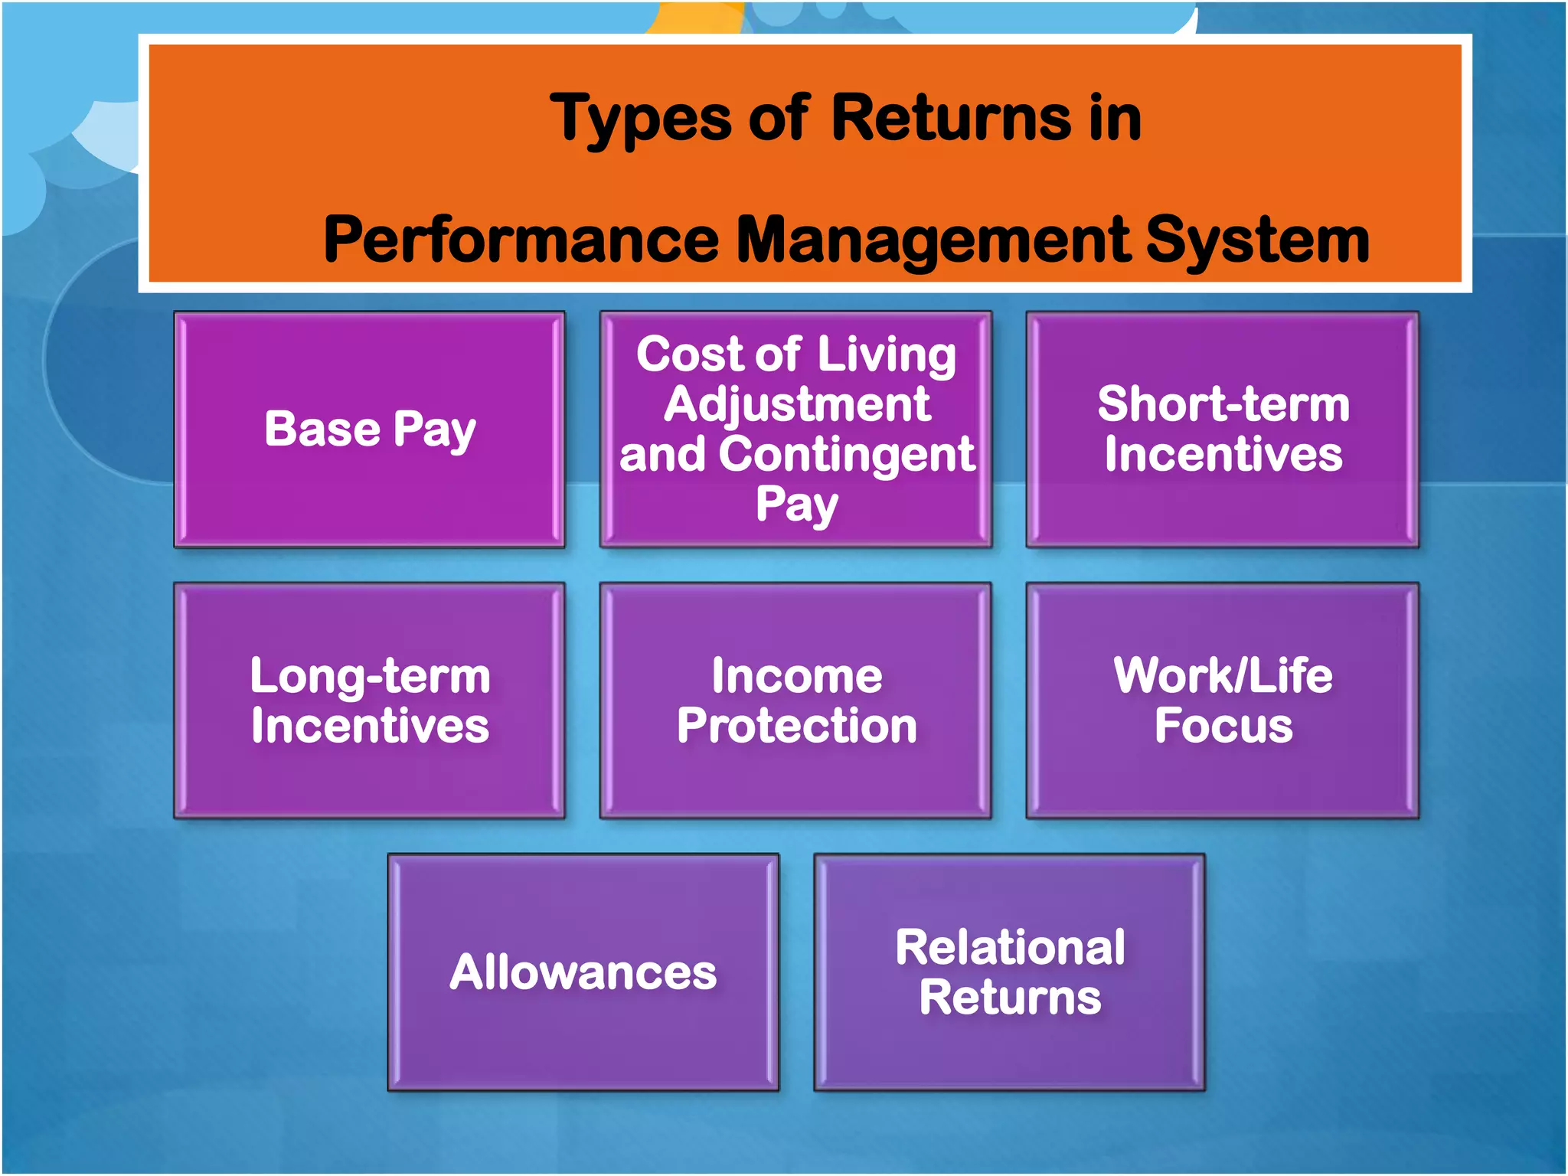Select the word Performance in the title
pyautogui.click(x=521, y=240)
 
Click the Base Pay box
pyautogui.click(x=370, y=430)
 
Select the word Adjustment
pyautogui.click(x=796, y=405)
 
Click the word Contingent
pyautogui.click(x=846, y=455)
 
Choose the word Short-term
pyautogui.click(x=1223, y=404)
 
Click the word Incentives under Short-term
pyautogui.click(x=1223, y=455)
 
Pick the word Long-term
pyautogui.click(x=370, y=677)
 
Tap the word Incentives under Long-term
pyautogui.click(x=370, y=726)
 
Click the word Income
pyautogui.click(x=796, y=676)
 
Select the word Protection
pyautogui.click(x=796, y=726)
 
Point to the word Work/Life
pyautogui.click(x=1223, y=676)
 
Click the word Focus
pyautogui.click(x=1223, y=726)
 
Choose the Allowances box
pyautogui.click(x=583, y=972)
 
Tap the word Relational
pyautogui.click(x=1010, y=948)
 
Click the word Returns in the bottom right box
pyautogui.click(x=1010, y=998)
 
